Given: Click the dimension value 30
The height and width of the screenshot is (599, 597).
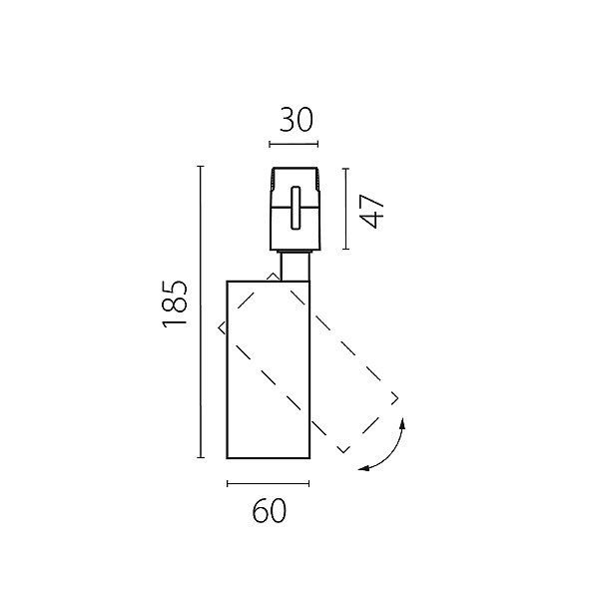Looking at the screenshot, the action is [297, 120].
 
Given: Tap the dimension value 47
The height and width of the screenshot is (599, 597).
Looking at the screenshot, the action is [371, 212].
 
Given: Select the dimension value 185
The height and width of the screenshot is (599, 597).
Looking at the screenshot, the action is [175, 304].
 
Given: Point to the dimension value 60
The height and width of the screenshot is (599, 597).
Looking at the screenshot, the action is [269, 511].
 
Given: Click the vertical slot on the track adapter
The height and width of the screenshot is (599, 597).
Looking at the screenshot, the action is [296, 208].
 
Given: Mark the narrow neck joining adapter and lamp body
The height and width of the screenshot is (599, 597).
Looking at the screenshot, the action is [296, 266].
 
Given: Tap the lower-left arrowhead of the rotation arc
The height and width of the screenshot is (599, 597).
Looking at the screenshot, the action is [363, 468].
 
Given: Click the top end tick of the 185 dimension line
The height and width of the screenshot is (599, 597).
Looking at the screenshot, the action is [200, 167].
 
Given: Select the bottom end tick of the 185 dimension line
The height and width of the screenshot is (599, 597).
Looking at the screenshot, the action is [200, 457].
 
